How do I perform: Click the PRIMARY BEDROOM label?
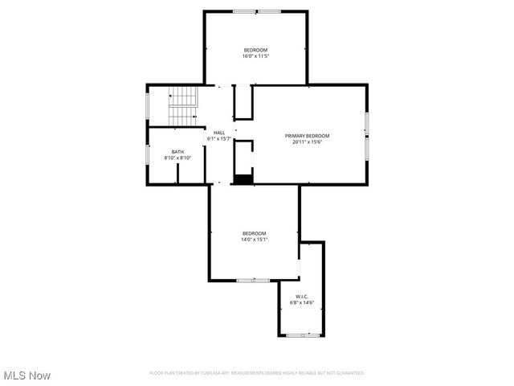pos(307,136)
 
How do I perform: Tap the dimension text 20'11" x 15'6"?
pos(307,142)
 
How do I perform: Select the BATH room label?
pos(177,152)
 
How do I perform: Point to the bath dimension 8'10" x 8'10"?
pos(177,158)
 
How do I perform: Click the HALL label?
pos(219,133)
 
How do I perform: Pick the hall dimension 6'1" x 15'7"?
pos(219,139)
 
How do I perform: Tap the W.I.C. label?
pos(301,297)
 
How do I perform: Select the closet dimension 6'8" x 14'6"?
pos(301,303)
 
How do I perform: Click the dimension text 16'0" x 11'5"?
pos(255,56)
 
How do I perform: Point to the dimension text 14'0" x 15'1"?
pos(254,240)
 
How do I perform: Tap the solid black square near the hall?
pos(243,180)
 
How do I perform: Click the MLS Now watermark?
pos(27,376)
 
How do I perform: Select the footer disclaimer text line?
pos(257,373)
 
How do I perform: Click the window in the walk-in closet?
pos(302,335)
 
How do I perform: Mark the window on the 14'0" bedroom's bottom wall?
pos(252,280)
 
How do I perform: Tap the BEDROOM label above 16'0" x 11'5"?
pos(255,50)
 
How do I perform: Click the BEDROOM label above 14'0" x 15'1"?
pos(254,233)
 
